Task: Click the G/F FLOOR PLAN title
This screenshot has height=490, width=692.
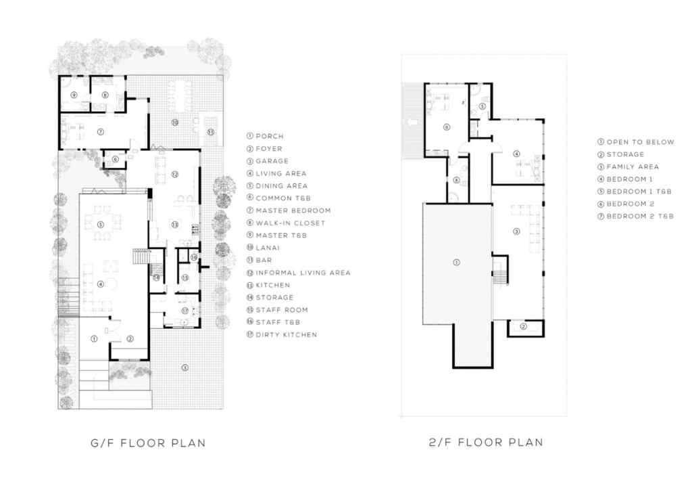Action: click(x=148, y=443)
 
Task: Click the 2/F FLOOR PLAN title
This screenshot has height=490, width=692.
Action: click(x=486, y=443)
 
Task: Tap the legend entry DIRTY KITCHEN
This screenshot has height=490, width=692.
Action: click(x=286, y=334)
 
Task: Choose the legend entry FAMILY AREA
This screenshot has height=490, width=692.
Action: click(x=633, y=166)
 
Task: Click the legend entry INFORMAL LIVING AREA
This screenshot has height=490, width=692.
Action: click(x=303, y=273)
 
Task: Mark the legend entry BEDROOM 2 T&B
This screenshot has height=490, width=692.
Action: click(x=639, y=216)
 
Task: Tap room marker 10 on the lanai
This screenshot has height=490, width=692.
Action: click(x=174, y=122)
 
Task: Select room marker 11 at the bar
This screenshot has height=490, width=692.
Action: click(x=210, y=132)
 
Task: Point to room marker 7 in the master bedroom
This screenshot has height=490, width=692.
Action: click(x=99, y=132)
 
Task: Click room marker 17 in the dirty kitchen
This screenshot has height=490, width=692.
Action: click(x=184, y=311)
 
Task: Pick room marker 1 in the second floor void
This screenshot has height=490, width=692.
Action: click(x=455, y=262)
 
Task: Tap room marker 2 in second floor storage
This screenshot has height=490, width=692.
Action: click(x=522, y=328)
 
